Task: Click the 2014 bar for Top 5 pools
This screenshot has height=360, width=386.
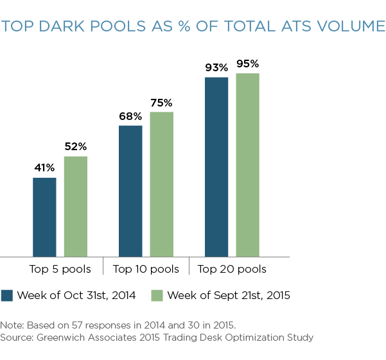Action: click(x=44, y=217)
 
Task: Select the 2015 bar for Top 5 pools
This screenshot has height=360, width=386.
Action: click(x=75, y=207)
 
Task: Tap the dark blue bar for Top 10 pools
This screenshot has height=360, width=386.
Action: click(x=130, y=191)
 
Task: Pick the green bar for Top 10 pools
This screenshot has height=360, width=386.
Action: click(x=161, y=184)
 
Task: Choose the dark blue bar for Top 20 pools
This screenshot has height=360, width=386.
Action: click(x=216, y=167)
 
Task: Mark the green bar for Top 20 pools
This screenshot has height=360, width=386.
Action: click(x=247, y=165)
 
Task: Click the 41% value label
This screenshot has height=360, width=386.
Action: click(x=44, y=168)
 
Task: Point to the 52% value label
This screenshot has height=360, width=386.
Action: click(x=75, y=147)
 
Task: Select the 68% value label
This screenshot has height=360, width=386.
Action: click(x=130, y=116)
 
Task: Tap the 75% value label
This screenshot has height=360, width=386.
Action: click(x=161, y=103)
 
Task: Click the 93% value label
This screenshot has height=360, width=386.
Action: click(x=216, y=67)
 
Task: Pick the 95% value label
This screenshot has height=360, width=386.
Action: click(x=247, y=64)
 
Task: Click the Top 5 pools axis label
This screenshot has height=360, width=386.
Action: click(x=60, y=269)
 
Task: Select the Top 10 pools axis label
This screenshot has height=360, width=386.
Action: click(x=146, y=269)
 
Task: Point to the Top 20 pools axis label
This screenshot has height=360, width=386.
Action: click(x=232, y=269)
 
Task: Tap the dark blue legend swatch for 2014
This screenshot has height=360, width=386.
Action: click(x=7, y=295)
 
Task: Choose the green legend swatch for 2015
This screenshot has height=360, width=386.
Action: click(x=157, y=295)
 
